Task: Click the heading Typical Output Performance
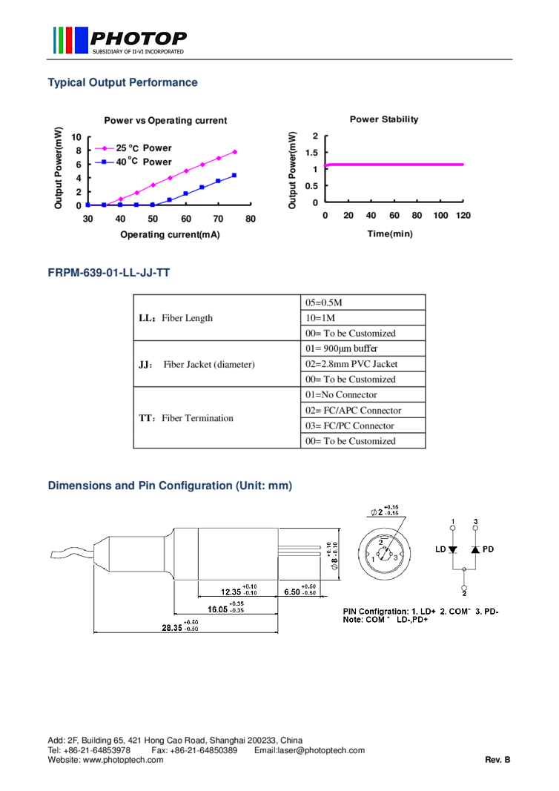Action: (x=122, y=82)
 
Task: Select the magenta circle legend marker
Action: (x=105, y=148)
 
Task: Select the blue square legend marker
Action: (x=105, y=162)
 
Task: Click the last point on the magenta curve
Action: (x=235, y=151)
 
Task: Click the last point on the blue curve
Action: (x=234, y=175)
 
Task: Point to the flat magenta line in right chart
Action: (x=394, y=165)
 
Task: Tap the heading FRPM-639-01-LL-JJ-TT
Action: (x=109, y=274)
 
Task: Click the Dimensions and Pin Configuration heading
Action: (x=170, y=486)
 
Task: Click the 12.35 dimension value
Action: (x=231, y=592)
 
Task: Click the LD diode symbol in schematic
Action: (x=453, y=549)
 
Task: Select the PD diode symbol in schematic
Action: (x=475, y=549)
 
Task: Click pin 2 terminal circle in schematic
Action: (x=464, y=586)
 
